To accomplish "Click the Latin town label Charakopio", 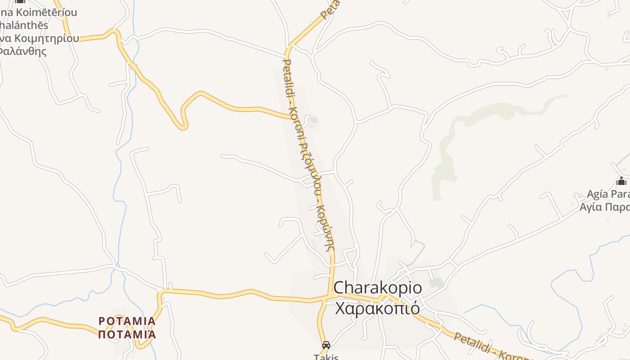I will pyautogui.click(x=371, y=288).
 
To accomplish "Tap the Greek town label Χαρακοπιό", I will pyautogui.click(x=378, y=309).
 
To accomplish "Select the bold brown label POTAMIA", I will pyautogui.click(x=127, y=321).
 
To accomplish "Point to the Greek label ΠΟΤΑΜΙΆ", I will pyautogui.click(x=127, y=334).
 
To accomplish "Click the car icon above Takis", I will pyautogui.click(x=326, y=345).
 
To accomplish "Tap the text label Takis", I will pyautogui.click(x=326, y=357).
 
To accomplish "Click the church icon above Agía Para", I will pyautogui.click(x=621, y=181).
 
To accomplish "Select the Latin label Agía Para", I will pyautogui.click(x=608, y=194).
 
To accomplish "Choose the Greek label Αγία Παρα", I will pyautogui.click(x=604, y=207).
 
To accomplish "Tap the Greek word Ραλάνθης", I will pyautogui.click(x=22, y=51).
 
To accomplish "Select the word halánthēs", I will pyautogui.click(x=25, y=25).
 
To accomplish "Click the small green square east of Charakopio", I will pyautogui.click(x=436, y=283).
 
